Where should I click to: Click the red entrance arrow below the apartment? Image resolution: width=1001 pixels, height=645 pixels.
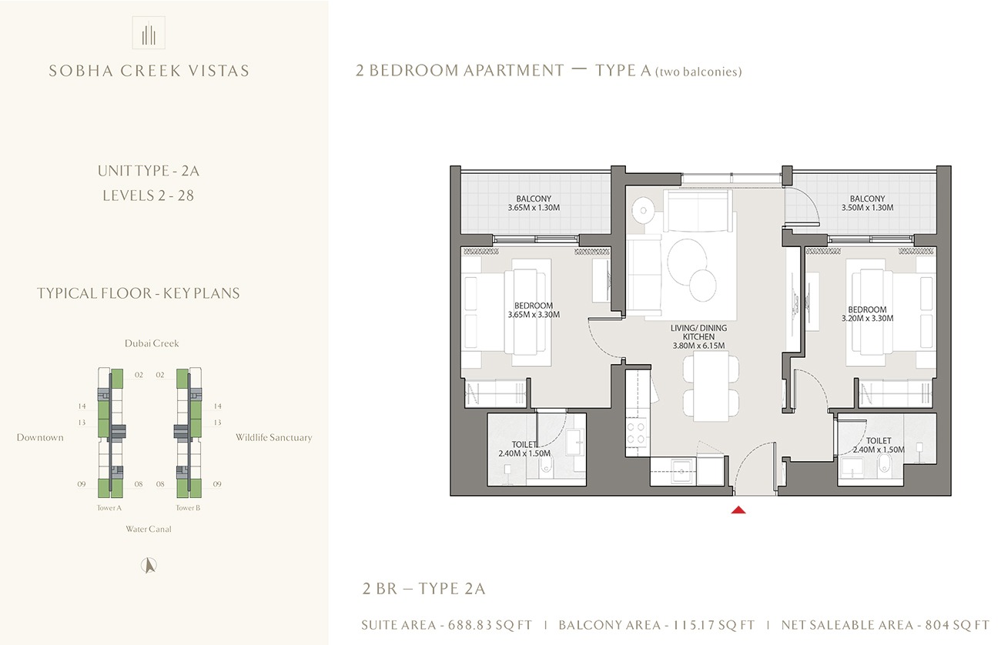click(738, 510)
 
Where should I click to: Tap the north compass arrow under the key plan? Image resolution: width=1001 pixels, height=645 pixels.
click(149, 566)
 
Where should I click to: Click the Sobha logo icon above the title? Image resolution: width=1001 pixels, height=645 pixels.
click(149, 32)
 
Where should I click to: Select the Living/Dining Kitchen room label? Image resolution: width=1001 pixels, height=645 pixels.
click(698, 336)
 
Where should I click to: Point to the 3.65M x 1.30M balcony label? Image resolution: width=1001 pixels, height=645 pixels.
click(534, 202)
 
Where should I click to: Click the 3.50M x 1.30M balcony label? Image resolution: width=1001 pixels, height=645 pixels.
click(867, 202)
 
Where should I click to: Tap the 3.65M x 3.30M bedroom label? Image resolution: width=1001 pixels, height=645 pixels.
click(534, 310)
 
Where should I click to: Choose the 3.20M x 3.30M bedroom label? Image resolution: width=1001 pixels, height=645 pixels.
click(867, 313)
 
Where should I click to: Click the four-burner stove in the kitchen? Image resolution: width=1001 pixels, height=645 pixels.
click(636, 433)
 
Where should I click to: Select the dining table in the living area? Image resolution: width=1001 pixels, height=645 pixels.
click(711, 386)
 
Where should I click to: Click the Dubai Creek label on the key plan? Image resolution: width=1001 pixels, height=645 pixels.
click(152, 343)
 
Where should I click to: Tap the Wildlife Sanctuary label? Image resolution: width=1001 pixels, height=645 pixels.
click(273, 437)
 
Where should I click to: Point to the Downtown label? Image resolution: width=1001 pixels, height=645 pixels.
click(40, 437)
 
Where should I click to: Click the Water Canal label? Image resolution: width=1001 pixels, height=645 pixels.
click(149, 529)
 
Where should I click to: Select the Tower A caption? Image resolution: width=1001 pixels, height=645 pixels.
click(109, 507)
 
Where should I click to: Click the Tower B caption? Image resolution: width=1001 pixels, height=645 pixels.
click(188, 507)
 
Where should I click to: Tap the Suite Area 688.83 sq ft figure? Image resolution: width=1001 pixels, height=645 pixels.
click(447, 625)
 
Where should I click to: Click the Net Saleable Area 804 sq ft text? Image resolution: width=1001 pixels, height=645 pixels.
click(885, 625)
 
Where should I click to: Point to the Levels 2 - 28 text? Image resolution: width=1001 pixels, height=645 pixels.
click(149, 196)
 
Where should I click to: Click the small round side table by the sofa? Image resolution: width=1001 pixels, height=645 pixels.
click(643, 210)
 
